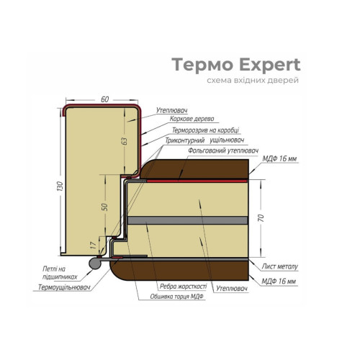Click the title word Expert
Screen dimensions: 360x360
coord(270,65)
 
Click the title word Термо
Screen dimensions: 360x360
coord(203,65)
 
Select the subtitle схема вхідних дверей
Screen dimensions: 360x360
coord(253,81)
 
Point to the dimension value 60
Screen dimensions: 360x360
coord(105,99)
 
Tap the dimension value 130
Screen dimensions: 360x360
coord(60,186)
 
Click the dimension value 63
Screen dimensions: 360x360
coord(125,141)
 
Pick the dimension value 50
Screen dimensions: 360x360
coord(105,207)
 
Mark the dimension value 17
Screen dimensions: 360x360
coord(94,245)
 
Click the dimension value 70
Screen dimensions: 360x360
coord(261,218)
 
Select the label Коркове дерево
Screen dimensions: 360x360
coord(192,119)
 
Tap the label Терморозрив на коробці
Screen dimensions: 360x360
coord(206,130)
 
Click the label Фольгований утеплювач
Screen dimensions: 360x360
coord(223,150)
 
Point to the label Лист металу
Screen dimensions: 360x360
coord(279,266)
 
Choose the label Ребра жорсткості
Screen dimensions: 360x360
coord(183,287)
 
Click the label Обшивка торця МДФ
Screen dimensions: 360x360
coord(176,297)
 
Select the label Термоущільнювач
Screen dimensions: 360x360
coord(64,287)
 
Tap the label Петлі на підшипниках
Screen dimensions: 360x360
coord(60,273)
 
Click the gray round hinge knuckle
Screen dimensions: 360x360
coord(95,263)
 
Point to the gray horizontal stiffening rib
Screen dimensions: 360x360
coord(187,220)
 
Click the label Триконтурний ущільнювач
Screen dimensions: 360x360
coord(204,140)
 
